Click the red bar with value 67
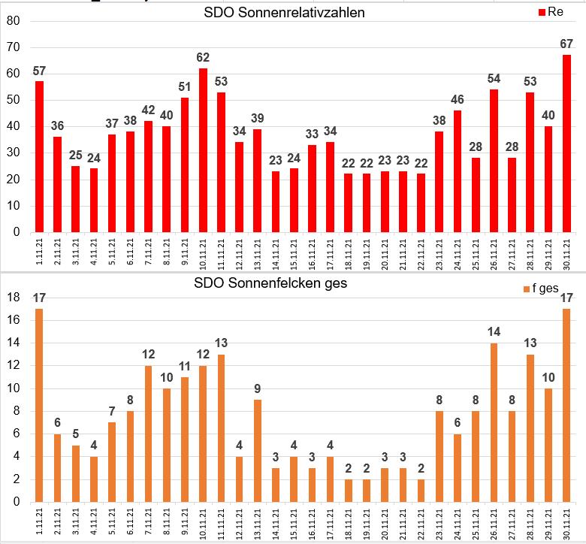pos(566,144)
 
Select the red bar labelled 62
pos(203,150)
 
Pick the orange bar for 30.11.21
pos(566,405)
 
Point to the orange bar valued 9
pos(258,450)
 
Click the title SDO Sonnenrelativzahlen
pos(285,13)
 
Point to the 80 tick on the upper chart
pos(13,21)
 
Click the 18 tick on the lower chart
pos(13,298)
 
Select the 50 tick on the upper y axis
pos(13,100)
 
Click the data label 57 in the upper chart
pos(39,71)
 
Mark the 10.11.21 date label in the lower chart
pos(203,521)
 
